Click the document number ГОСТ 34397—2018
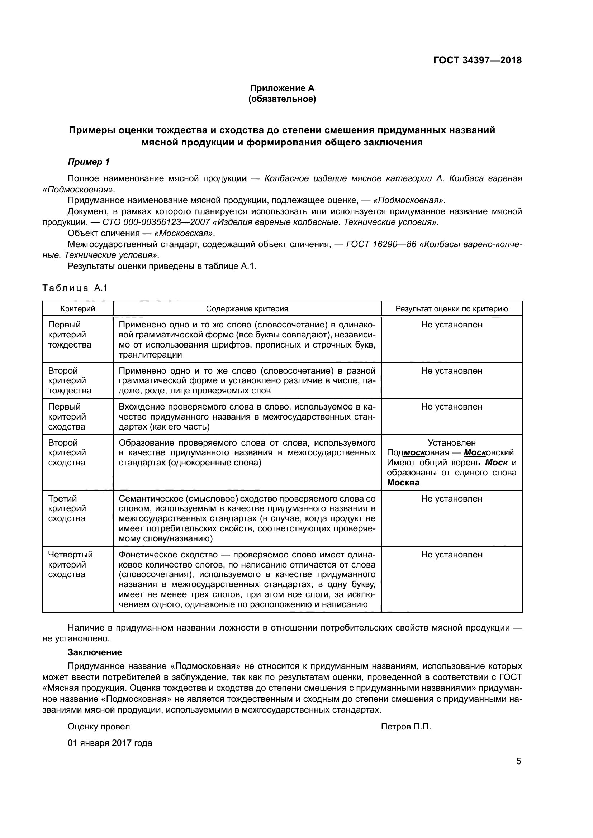pos(477,60)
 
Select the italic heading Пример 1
pos(89,162)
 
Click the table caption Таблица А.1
pos(75,288)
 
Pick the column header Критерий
pos(78,309)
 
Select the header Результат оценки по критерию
pos(451,309)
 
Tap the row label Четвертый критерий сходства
pos(71,564)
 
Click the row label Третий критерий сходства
pos(67,508)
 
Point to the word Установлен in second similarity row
pos(451,443)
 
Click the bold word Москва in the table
pos(403,483)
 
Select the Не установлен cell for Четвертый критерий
pos(451,554)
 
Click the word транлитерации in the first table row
pos(151,354)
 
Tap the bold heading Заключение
pos(95,652)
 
